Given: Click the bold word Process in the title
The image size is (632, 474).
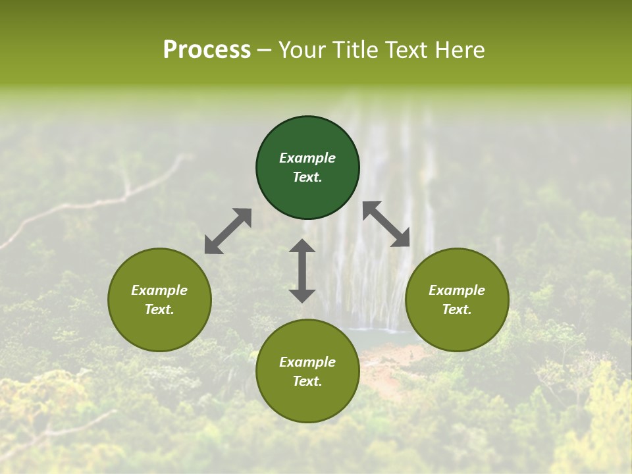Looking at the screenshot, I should tap(207, 50).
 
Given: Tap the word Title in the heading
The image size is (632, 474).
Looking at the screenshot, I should tap(357, 50).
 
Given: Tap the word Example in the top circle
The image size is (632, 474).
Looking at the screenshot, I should tap(307, 158).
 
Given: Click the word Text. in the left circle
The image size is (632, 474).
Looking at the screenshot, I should tap(159, 309).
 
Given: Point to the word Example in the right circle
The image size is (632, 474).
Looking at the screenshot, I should tap(457, 290).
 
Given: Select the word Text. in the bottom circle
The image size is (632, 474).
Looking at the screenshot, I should tap(307, 381).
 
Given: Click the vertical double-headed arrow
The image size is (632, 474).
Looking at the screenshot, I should tap(302, 271).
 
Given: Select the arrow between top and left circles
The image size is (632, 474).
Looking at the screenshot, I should tap(228, 231).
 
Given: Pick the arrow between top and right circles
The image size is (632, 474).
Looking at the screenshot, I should tap(386, 224).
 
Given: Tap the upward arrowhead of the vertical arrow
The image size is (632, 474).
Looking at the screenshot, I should tap(302, 246).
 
